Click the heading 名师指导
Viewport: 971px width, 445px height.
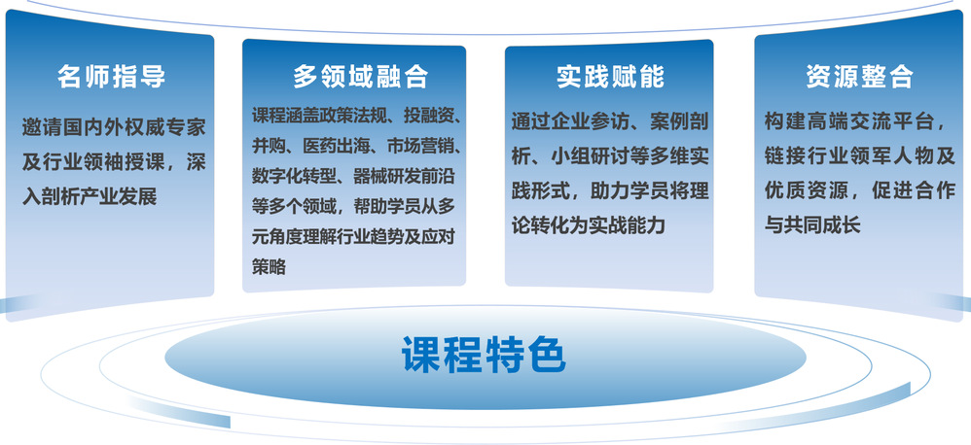point(112,77)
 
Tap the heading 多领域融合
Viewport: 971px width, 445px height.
point(360,77)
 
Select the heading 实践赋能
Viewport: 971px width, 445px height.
point(610,77)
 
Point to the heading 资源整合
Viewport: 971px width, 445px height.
point(859,77)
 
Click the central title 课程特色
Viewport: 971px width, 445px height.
point(484,354)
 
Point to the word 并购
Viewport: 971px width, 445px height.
point(269,146)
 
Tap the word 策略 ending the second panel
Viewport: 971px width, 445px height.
point(269,267)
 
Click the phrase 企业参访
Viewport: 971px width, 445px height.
point(592,121)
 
